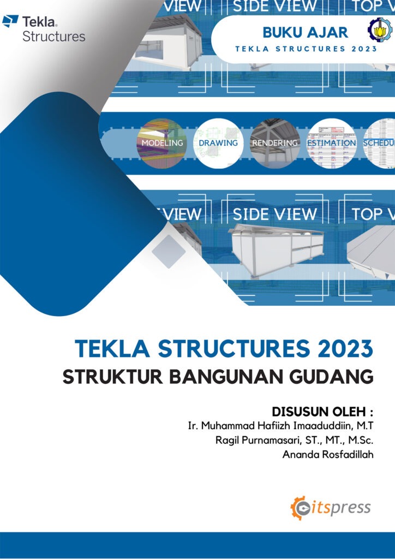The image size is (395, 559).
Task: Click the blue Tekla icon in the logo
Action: point(10,22)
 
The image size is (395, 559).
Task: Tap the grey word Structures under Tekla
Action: point(53,37)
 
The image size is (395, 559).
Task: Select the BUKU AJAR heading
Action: point(305,32)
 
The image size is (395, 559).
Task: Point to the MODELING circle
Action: point(162,143)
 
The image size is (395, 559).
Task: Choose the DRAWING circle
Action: point(218,143)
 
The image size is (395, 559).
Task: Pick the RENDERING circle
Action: point(274,143)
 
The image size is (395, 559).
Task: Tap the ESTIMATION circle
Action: point(331,143)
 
